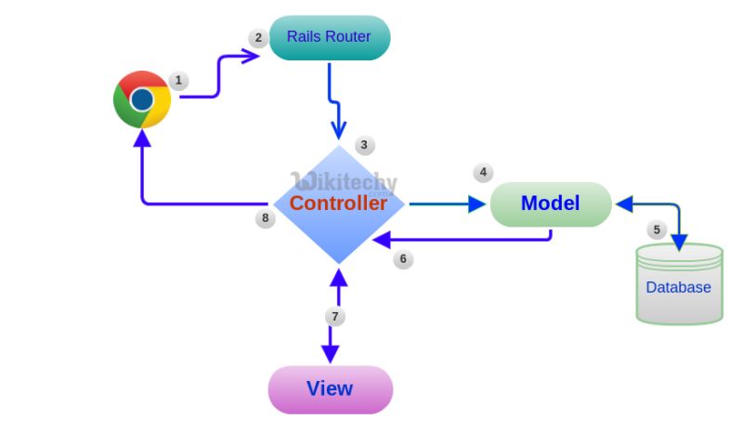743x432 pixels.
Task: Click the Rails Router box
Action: [x=329, y=38]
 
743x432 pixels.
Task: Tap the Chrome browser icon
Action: [x=141, y=99]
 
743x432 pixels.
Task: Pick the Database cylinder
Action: [x=679, y=284]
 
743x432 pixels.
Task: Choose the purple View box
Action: [x=330, y=388]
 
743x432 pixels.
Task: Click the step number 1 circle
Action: [x=178, y=81]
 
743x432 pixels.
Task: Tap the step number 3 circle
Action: [x=364, y=145]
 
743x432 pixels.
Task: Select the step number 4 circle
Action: [x=482, y=172]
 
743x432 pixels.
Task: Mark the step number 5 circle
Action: [x=657, y=229]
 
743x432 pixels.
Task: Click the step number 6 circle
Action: [x=402, y=259]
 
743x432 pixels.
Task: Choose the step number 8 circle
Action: [x=266, y=219]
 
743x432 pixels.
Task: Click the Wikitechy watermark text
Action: [x=344, y=181]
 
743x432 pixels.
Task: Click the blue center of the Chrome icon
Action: [x=141, y=99]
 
